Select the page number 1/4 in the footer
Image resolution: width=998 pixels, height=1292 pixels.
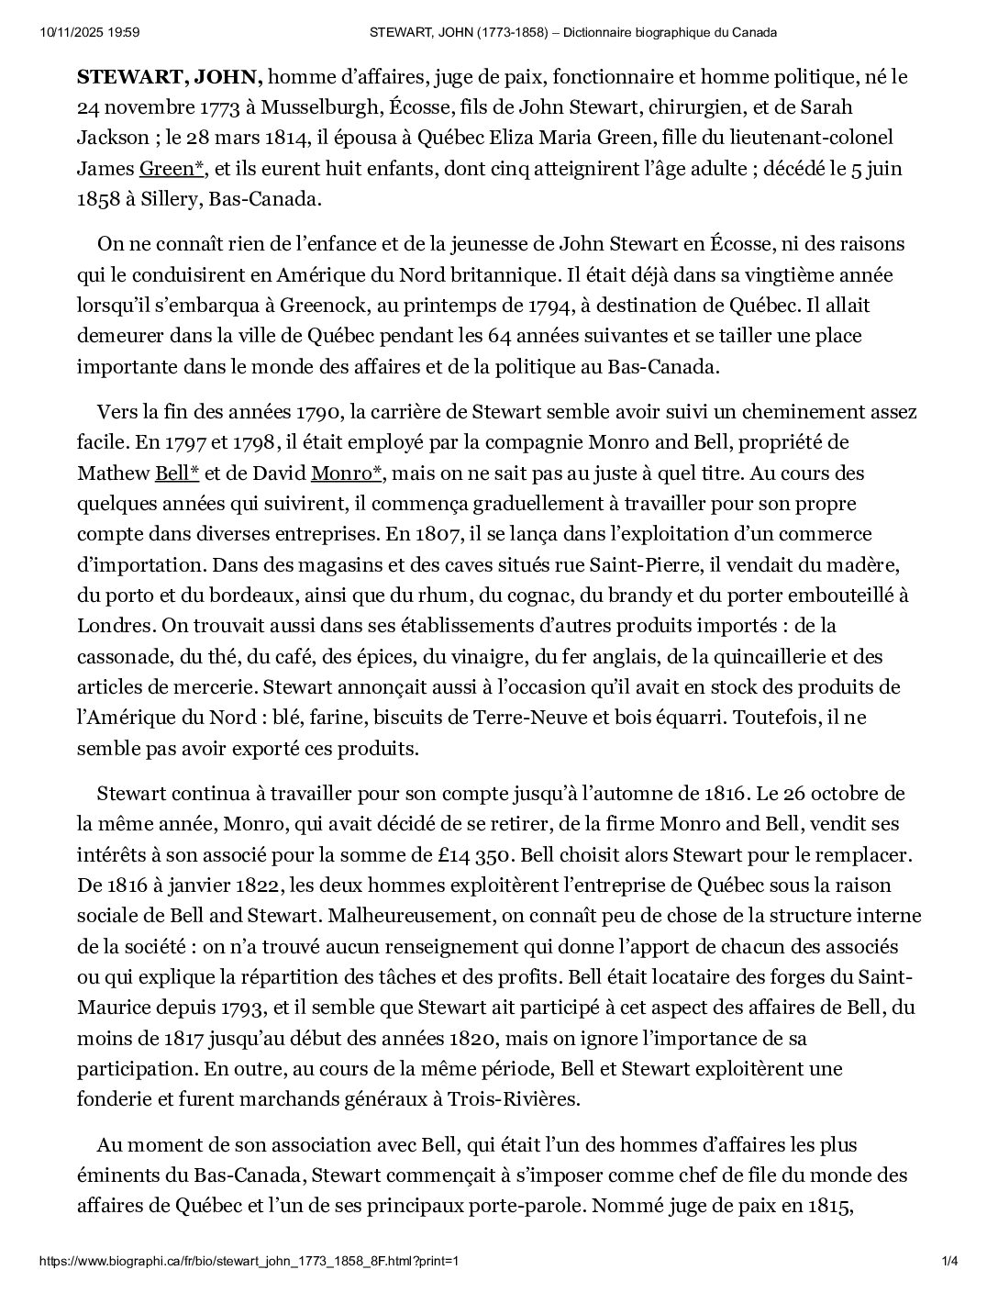[950, 1261]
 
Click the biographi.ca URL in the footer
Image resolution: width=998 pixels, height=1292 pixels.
[249, 1261]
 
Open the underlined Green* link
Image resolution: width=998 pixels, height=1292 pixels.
[172, 168]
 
